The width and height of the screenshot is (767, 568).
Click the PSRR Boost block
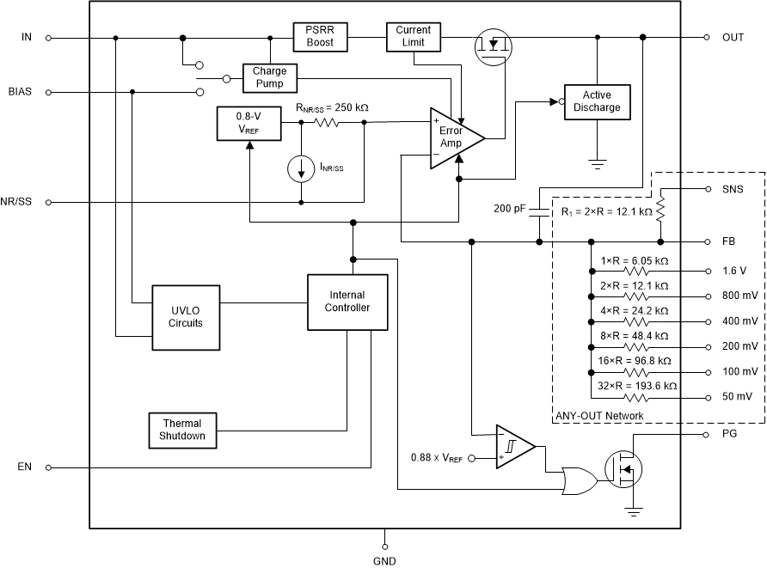pos(321,36)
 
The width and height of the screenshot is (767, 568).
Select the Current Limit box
pos(414,36)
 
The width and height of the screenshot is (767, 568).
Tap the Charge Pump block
pos(269,77)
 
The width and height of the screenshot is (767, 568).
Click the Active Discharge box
pos(597,101)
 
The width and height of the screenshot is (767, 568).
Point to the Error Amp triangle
pos(454,136)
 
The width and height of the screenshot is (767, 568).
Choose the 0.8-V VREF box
pos(249,125)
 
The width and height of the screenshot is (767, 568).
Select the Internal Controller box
pos(347,302)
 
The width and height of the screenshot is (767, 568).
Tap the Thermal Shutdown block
pos(182,430)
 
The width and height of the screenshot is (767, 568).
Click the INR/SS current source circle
pos(301,168)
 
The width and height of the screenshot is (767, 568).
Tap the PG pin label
pos(728,436)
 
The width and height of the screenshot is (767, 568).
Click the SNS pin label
pos(733,189)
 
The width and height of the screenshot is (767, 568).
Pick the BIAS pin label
pos(20,91)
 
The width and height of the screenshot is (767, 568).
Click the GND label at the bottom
pos(383,560)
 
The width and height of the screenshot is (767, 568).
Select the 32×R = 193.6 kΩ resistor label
pos(637,386)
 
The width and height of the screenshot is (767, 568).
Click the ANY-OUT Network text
pos(599,416)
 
